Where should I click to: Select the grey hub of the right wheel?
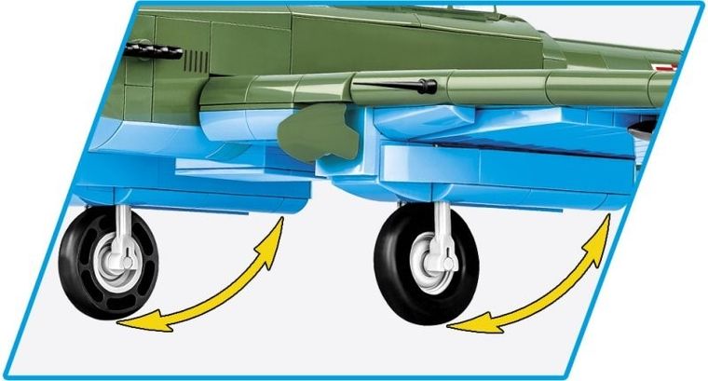(431, 262)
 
